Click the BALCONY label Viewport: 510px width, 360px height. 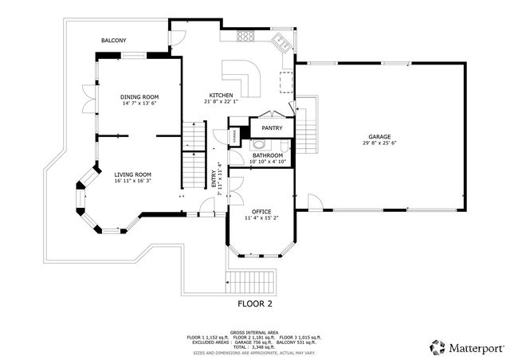point(113,40)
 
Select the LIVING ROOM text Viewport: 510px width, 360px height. point(132,174)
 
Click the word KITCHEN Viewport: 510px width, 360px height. point(221,95)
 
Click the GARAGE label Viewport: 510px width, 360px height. point(379,136)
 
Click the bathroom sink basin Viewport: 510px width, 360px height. point(260,145)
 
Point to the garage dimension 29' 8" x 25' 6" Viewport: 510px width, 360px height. point(379,143)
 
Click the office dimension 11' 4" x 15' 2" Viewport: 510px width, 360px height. point(262,217)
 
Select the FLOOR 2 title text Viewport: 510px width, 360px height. point(255,304)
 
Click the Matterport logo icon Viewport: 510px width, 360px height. point(437,347)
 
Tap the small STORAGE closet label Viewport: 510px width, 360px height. point(233,136)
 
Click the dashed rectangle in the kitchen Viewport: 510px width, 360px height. point(285,80)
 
